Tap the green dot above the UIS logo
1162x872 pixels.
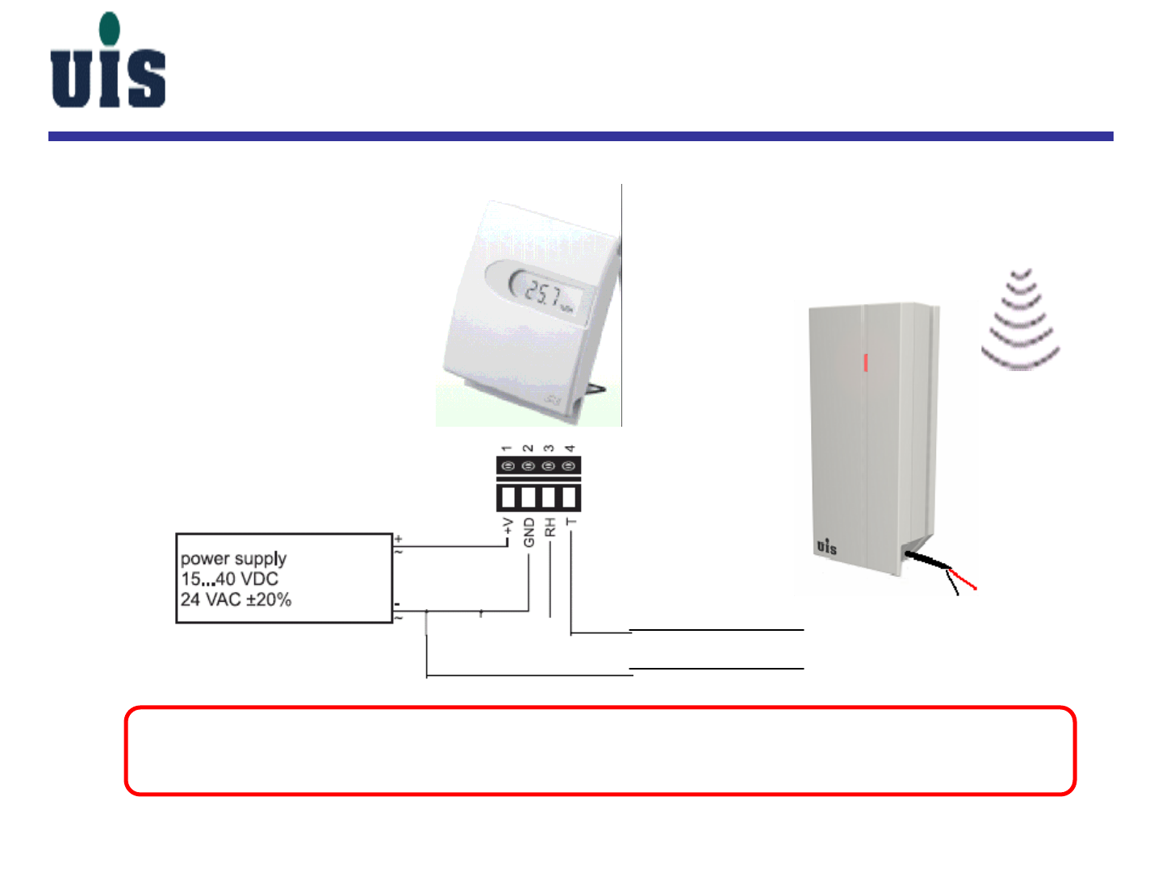click(109, 28)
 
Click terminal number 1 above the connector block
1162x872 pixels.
click(507, 448)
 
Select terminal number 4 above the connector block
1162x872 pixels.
click(570, 448)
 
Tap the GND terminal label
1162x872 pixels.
click(529, 532)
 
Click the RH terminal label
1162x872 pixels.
click(550, 528)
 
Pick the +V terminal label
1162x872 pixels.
click(508, 527)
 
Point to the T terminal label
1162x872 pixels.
click(571, 522)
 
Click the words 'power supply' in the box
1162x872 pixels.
click(233, 558)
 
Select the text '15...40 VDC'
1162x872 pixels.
click(229, 579)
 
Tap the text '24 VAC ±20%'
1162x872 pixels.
click(236, 599)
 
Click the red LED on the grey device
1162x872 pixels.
click(866, 362)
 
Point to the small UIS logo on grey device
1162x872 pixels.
click(826, 546)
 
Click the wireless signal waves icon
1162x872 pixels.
click(1020, 319)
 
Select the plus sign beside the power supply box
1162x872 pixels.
click(399, 538)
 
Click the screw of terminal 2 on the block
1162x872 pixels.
click(529, 466)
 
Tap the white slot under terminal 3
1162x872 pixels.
click(550, 496)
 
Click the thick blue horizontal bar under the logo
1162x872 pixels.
click(580, 136)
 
